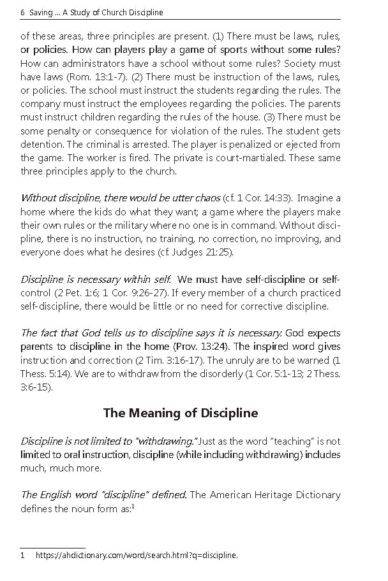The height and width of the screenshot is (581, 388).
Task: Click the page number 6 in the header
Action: click(22, 13)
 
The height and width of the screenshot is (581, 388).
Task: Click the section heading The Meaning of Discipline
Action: click(181, 413)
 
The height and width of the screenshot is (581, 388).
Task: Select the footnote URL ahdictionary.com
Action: click(136, 555)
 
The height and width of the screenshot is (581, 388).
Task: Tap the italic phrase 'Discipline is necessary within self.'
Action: click(96, 280)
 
